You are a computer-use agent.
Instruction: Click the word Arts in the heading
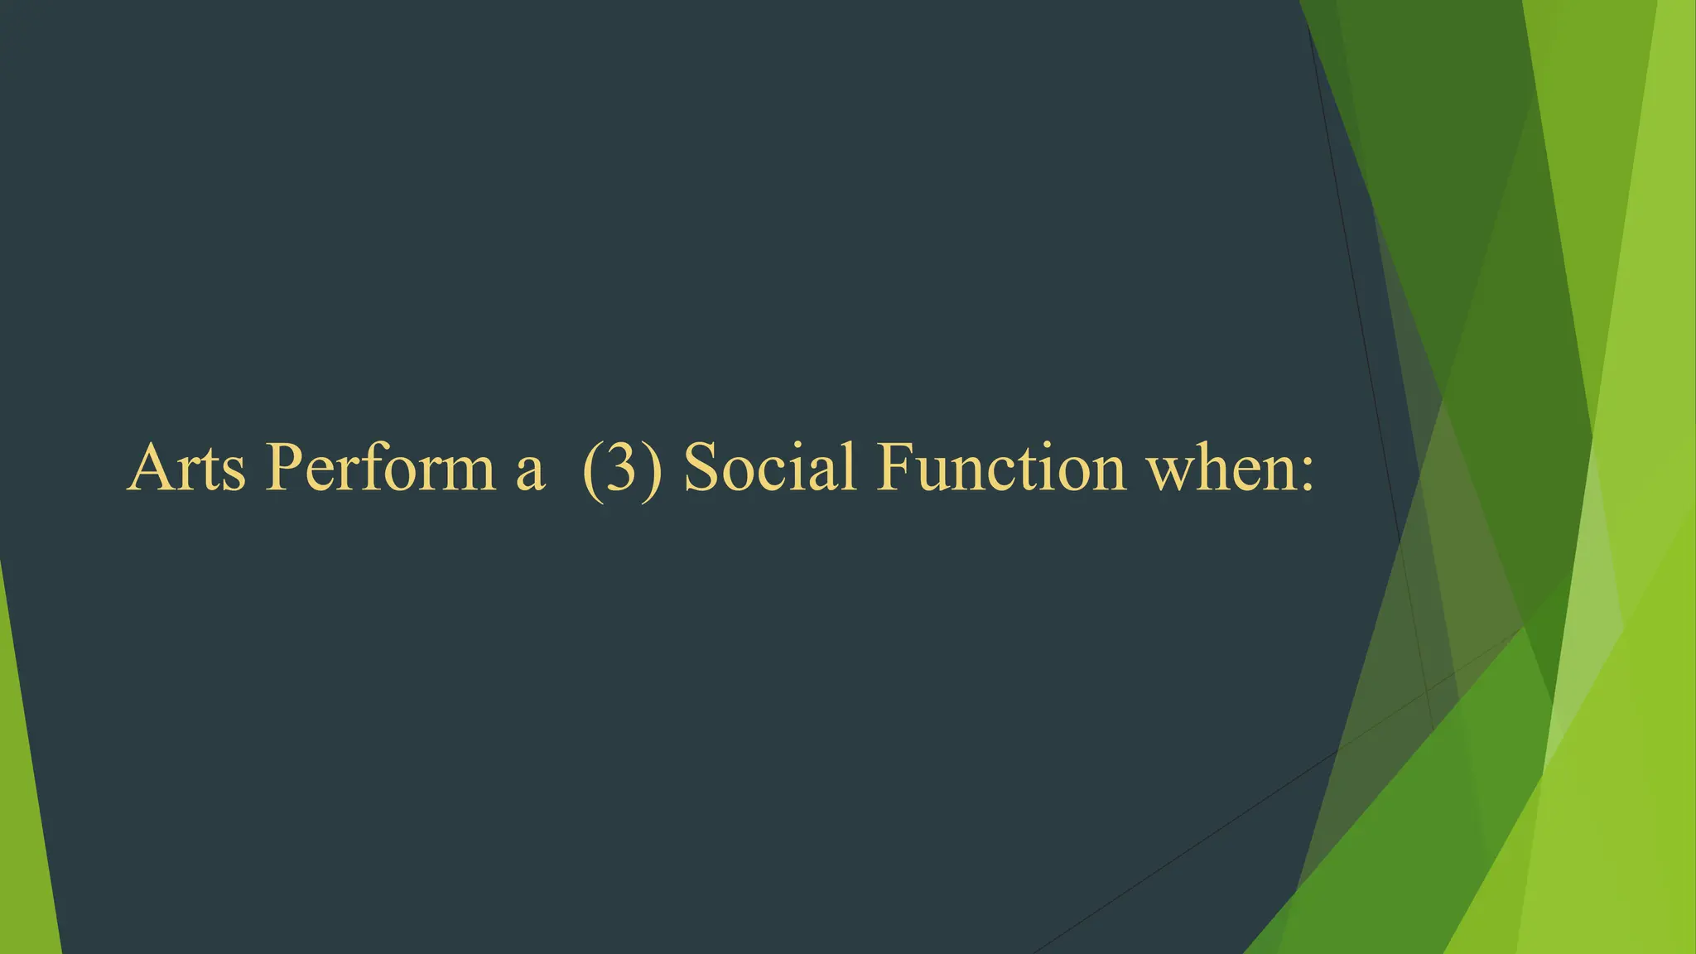pos(187,467)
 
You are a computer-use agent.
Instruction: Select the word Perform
pos(379,467)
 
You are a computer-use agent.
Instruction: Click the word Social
pos(770,467)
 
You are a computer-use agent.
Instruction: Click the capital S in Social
pos(702,467)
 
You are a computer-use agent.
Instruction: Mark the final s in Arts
pos(234,474)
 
